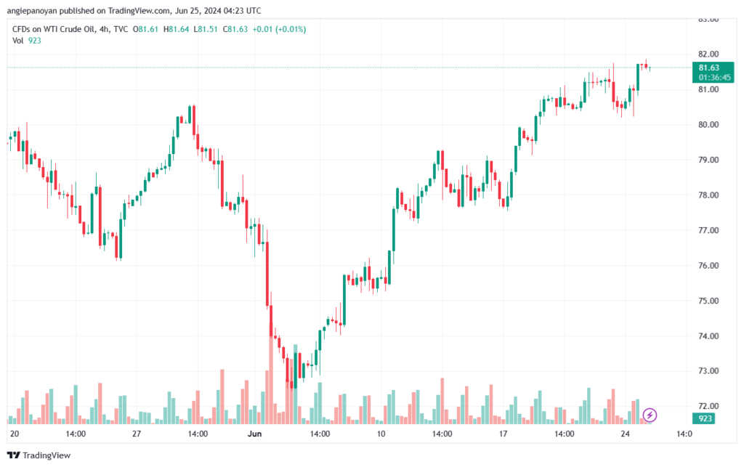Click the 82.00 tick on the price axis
[708, 54]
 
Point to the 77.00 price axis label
[708, 230]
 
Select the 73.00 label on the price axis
[708, 371]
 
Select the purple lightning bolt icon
[650, 415]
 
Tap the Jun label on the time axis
[254, 434]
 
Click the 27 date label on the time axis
[136, 434]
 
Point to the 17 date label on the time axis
[502, 434]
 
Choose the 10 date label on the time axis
[381, 434]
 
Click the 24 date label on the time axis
[624, 434]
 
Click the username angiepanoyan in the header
[36, 11]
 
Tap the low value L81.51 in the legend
[208, 29]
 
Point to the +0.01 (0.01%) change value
[279, 29]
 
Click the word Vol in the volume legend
[18, 41]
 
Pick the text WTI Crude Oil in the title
[78, 29]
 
